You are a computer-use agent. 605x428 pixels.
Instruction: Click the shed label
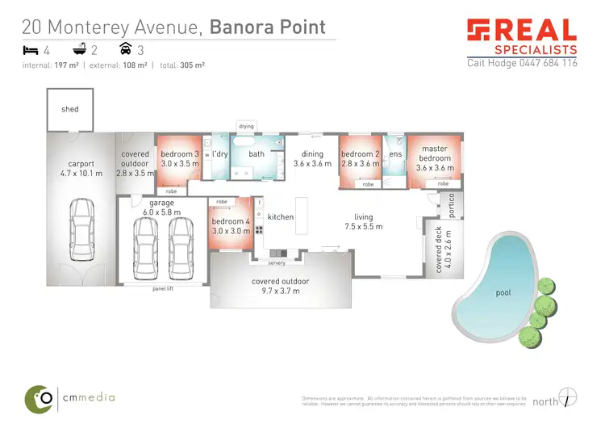tap(70, 109)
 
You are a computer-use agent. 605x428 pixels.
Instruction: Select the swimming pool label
tap(503, 292)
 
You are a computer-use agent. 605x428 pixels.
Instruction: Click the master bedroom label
tap(434, 153)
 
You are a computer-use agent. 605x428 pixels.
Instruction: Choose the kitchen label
tap(281, 217)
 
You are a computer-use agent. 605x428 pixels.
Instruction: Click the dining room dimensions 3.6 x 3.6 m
tap(312, 164)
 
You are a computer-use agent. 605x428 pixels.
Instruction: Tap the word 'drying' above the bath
tap(246, 126)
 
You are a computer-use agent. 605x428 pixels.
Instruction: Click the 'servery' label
tap(277, 263)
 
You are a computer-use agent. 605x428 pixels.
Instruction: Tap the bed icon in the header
tap(28, 50)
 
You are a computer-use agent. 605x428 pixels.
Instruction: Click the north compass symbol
tap(570, 397)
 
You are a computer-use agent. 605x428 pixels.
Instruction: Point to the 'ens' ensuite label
tap(395, 154)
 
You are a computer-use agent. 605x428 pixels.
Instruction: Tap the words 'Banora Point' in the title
tap(267, 27)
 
